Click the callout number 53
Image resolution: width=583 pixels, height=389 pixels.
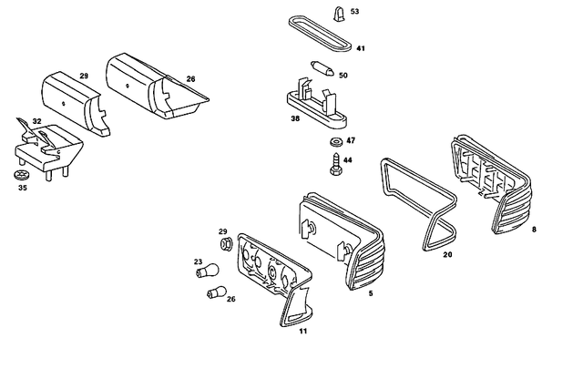click(x=354, y=12)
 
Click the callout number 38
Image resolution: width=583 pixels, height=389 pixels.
click(x=295, y=118)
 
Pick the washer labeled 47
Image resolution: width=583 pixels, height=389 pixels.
click(x=335, y=142)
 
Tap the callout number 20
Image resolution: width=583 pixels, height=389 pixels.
click(x=447, y=255)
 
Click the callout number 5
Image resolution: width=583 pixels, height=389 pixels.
click(x=370, y=294)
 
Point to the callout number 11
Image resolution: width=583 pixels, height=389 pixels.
click(x=302, y=331)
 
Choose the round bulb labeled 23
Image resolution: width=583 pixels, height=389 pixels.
click(x=211, y=270)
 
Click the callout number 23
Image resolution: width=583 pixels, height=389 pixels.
click(x=198, y=262)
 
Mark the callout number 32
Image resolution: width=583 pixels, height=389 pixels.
click(x=36, y=120)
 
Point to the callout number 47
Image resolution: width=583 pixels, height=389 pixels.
click(x=351, y=141)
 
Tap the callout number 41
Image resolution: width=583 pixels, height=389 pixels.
click(x=361, y=48)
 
